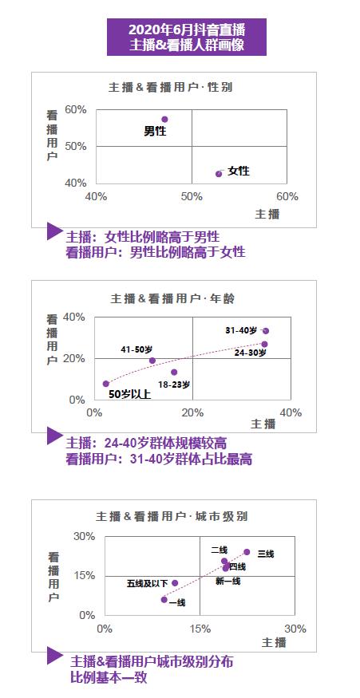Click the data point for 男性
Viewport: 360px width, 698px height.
pyautogui.click(x=164, y=120)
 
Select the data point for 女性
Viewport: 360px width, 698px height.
pyautogui.click(x=219, y=174)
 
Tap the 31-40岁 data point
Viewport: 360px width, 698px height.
pyautogui.click(x=266, y=331)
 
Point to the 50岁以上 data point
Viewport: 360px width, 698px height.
pyautogui.click(x=106, y=384)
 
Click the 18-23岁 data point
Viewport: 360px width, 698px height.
pyautogui.click(x=174, y=373)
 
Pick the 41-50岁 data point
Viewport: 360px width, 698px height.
pyautogui.click(x=152, y=361)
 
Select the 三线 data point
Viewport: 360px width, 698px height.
pyautogui.click(x=247, y=552)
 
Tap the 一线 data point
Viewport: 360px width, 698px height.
pyautogui.click(x=164, y=600)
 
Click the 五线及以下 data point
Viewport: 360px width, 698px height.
pyautogui.click(x=175, y=583)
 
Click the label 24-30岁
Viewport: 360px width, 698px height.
pyautogui.click(x=251, y=353)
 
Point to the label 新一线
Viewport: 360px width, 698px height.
pyautogui.click(x=227, y=581)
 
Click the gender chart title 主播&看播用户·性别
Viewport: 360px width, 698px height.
pyautogui.click(x=171, y=87)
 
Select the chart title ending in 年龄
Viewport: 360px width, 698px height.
pyautogui.click(x=172, y=298)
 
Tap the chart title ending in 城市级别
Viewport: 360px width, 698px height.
pyautogui.click(x=172, y=516)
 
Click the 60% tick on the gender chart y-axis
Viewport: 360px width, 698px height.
pyautogui.click(x=76, y=110)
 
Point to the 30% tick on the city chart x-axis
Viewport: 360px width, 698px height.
pyautogui.click(x=295, y=629)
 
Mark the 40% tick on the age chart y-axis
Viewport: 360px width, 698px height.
pyautogui.click(x=74, y=317)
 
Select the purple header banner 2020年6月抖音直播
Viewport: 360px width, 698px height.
pyautogui.click(x=187, y=37)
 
